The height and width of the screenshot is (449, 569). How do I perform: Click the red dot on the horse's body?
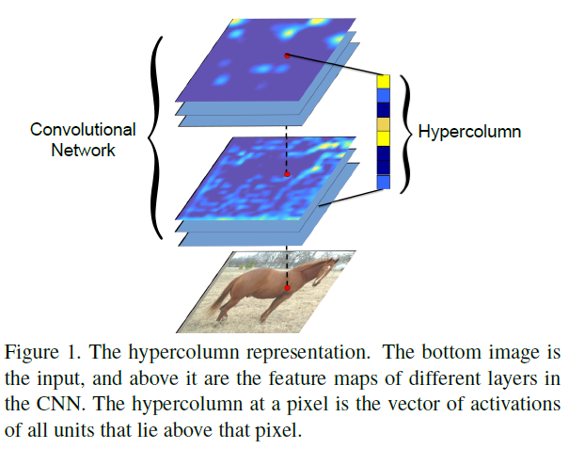[x=287, y=288]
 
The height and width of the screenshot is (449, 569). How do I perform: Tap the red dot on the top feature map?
[x=287, y=56]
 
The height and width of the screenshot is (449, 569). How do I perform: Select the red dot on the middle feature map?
[x=287, y=174]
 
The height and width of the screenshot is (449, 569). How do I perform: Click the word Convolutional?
[x=83, y=130]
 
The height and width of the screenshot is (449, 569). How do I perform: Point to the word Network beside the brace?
[x=83, y=150]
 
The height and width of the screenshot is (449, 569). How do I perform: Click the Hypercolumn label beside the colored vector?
[x=469, y=132]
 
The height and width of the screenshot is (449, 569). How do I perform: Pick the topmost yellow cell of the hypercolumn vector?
[x=383, y=81]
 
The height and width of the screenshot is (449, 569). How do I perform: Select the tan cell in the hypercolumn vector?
[x=383, y=124]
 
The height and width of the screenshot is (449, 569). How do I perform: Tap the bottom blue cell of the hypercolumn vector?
[x=383, y=182]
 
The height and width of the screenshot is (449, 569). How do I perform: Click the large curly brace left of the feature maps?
[x=156, y=138]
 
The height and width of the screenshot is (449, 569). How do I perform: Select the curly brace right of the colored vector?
[x=406, y=134]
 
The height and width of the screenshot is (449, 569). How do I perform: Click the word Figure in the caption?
[x=31, y=352]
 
